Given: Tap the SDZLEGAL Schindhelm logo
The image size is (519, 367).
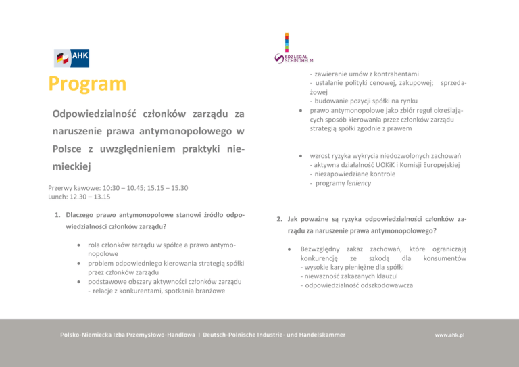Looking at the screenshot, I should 289,49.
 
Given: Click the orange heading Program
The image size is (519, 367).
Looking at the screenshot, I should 87,84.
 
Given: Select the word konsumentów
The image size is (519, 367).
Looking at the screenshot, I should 444,258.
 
